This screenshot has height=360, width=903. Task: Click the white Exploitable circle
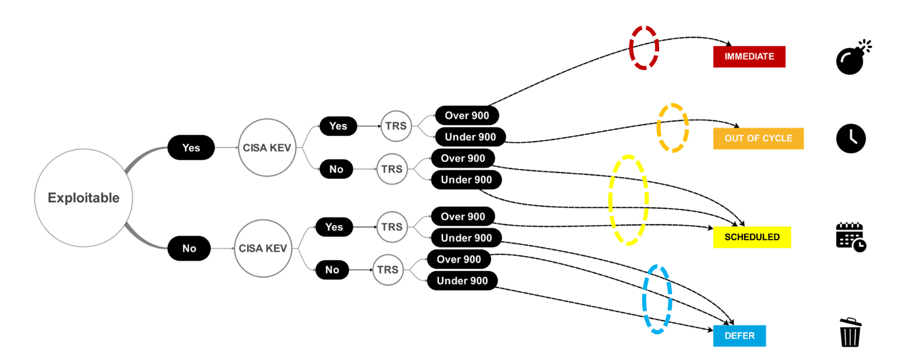[x=84, y=198]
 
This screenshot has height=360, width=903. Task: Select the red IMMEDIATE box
[x=749, y=57]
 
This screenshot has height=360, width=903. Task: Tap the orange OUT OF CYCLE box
[x=758, y=138]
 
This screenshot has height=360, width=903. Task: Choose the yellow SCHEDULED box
[x=752, y=237]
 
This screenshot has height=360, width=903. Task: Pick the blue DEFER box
[x=739, y=336]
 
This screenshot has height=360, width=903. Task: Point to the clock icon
[x=851, y=138]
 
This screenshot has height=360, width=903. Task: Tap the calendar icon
[x=851, y=237]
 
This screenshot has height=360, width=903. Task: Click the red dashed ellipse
[x=644, y=48]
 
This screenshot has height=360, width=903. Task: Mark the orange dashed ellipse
[x=672, y=128]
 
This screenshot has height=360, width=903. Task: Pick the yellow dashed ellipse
[x=628, y=200]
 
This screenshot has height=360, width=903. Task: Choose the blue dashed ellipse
[x=657, y=299]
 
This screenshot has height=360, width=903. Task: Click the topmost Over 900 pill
[x=466, y=115]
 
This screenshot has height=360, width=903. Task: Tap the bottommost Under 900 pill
[x=462, y=281]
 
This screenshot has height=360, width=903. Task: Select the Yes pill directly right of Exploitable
[x=191, y=148]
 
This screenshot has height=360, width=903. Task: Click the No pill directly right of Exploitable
[x=189, y=249]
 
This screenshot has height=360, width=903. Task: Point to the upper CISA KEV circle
[x=267, y=147]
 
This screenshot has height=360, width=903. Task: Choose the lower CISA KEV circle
[x=263, y=248]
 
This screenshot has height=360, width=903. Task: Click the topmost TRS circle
[x=396, y=125]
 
